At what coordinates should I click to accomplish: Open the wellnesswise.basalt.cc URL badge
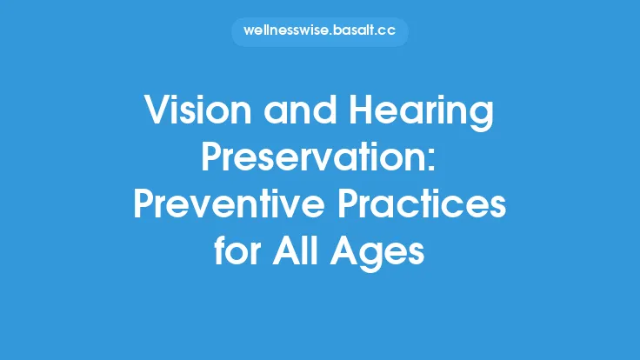(319, 32)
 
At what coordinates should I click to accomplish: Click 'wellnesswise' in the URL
(286, 32)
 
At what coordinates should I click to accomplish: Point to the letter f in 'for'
(222, 251)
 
